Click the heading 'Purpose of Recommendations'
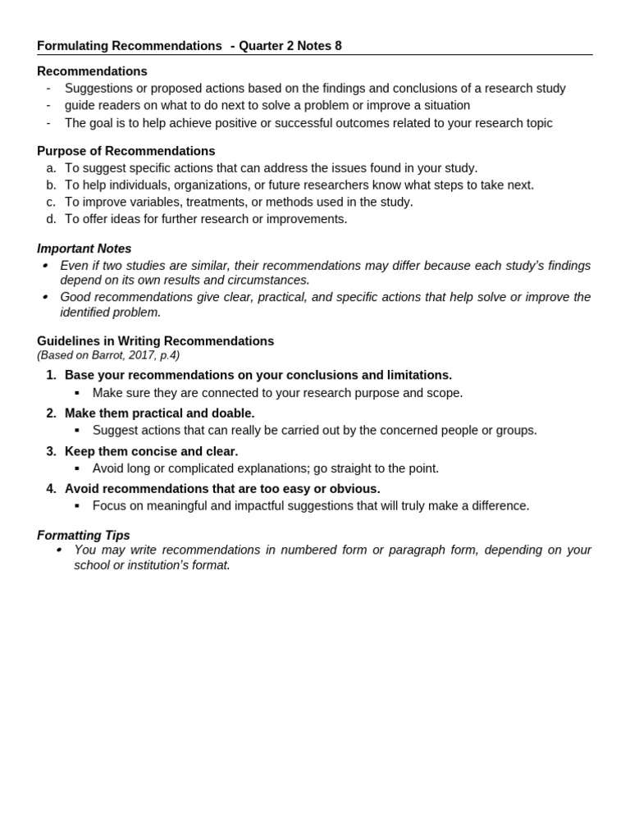(x=126, y=151)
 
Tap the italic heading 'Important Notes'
(x=84, y=249)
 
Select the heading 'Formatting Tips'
(x=83, y=535)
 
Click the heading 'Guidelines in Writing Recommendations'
(x=155, y=340)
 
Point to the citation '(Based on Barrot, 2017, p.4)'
(x=107, y=355)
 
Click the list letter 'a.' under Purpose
(x=51, y=168)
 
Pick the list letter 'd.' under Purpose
(x=51, y=219)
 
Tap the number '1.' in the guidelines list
(x=51, y=375)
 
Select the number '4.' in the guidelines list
(x=51, y=489)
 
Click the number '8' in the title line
(x=338, y=46)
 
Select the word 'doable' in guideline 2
(x=233, y=413)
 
